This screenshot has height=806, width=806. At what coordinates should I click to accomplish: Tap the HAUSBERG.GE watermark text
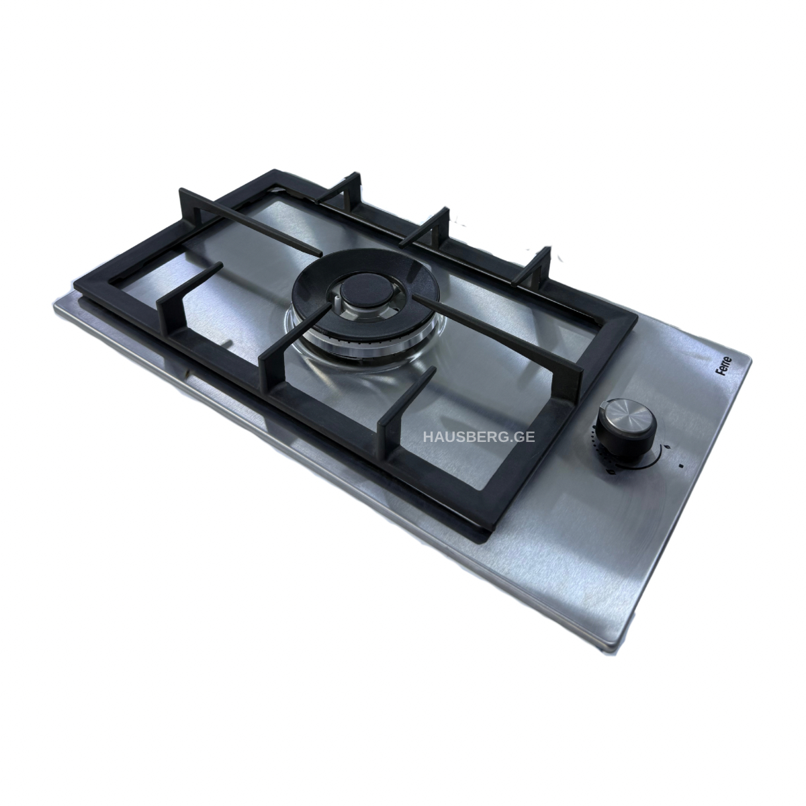pyautogui.click(x=479, y=437)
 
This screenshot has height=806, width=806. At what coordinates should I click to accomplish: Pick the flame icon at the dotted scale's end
pyautogui.click(x=612, y=472)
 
